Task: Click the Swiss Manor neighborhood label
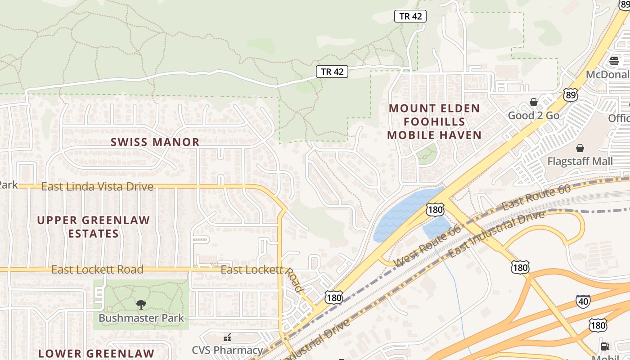point(155,142)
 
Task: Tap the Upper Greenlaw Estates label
point(94,227)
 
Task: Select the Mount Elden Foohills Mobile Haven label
point(434,121)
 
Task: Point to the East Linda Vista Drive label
point(97,186)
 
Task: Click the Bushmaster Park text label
point(141,318)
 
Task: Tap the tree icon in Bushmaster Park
point(141,305)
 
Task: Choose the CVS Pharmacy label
point(227,350)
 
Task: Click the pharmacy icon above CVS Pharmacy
point(227,337)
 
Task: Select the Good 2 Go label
point(534,116)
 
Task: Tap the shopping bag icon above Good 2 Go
point(534,103)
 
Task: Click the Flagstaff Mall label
point(580,161)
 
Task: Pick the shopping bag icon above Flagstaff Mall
point(580,148)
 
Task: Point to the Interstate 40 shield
point(583,301)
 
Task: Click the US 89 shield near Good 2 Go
point(570,94)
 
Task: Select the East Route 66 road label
point(536,197)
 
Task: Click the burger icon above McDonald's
point(614,61)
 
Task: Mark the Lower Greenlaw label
point(96,354)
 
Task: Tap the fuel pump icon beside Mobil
point(605,346)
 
